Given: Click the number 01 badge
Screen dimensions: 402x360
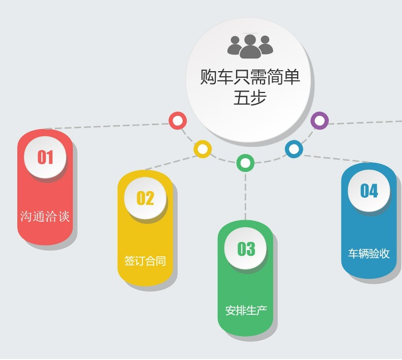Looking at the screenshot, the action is point(45,157).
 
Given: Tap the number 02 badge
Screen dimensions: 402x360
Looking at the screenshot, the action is point(145,198).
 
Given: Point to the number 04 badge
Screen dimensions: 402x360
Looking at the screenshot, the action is point(369,191).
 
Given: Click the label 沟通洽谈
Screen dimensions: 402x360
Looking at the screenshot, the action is point(45,216).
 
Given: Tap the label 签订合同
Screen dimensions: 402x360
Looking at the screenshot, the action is point(145,261).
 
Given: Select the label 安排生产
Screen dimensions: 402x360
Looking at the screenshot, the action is point(246,310).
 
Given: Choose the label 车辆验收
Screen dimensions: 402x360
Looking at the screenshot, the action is point(369,254).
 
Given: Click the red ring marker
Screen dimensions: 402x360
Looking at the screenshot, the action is point(177,121).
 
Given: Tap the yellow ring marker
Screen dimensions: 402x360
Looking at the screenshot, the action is point(203,149).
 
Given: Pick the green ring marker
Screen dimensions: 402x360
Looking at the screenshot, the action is point(245,163).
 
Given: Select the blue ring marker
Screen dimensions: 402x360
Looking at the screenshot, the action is point(294,149).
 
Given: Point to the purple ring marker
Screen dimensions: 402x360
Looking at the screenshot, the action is point(320,121).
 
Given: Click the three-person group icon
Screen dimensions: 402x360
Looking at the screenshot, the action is point(250,46).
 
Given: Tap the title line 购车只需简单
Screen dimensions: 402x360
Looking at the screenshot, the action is point(250,77).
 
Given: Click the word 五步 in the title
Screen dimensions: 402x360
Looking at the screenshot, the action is point(250,98).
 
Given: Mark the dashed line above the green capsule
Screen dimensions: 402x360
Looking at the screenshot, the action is point(245,196).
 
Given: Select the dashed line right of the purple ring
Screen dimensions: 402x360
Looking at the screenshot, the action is point(364,123).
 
